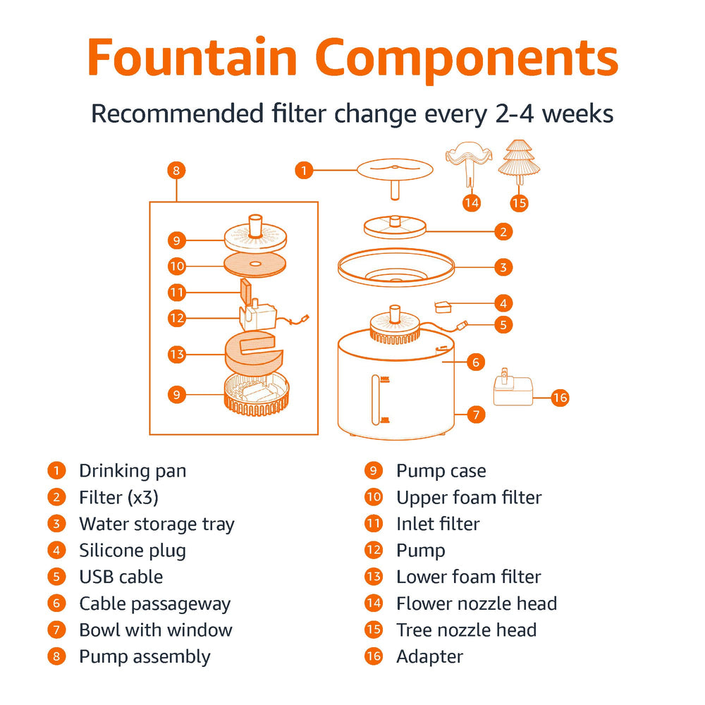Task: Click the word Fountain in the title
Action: coord(192,57)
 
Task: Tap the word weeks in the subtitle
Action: coord(577,114)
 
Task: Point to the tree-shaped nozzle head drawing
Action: coord(519,162)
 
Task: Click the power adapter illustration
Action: coord(513,387)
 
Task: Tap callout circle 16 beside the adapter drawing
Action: coord(560,398)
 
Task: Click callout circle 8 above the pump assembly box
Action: coord(176,171)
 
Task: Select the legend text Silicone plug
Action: coord(133,551)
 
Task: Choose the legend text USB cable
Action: coord(121,577)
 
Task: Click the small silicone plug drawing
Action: coord(443,307)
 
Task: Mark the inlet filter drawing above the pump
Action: coord(245,291)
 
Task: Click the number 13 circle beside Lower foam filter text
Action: coord(374,577)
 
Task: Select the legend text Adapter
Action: coord(429,657)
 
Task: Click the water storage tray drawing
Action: coord(396,267)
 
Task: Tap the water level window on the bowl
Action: coord(376,400)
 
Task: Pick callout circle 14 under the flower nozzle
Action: coord(471,203)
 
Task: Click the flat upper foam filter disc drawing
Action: coord(255,264)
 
